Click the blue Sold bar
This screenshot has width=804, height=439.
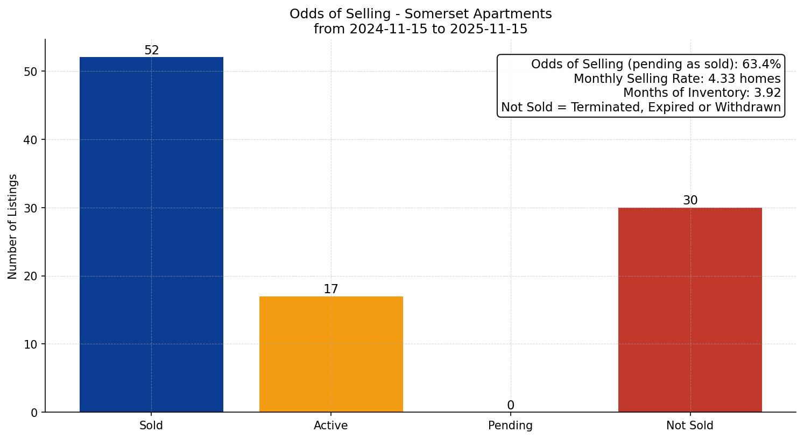[151, 235]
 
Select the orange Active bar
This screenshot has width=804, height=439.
[331, 354]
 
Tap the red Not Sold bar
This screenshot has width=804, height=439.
[690, 310]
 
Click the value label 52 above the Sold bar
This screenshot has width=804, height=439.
[152, 51]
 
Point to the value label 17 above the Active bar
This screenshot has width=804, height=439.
[331, 289]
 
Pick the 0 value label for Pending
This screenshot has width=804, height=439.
[510, 406]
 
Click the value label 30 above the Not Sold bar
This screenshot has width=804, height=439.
[690, 201]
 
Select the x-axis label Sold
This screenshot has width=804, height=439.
[151, 426]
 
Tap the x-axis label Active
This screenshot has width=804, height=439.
[331, 426]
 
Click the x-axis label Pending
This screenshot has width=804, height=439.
[510, 426]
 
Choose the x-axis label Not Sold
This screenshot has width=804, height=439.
[690, 426]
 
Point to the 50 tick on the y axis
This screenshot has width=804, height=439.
[31, 72]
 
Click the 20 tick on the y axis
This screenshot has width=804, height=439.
[31, 277]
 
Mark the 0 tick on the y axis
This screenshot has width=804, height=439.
[34, 413]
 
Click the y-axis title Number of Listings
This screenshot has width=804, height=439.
[13, 226]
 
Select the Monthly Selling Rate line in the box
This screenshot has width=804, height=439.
[677, 79]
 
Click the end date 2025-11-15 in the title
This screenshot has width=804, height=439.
[489, 29]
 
